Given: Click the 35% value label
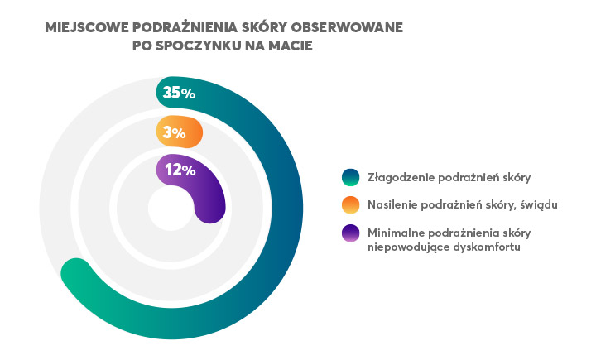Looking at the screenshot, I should point(179,93).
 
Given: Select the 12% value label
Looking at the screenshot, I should point(180,170).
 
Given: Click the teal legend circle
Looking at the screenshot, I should point(351,177).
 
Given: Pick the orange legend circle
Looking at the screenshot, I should point(351,204).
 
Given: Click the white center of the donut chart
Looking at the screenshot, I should point(169,209).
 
